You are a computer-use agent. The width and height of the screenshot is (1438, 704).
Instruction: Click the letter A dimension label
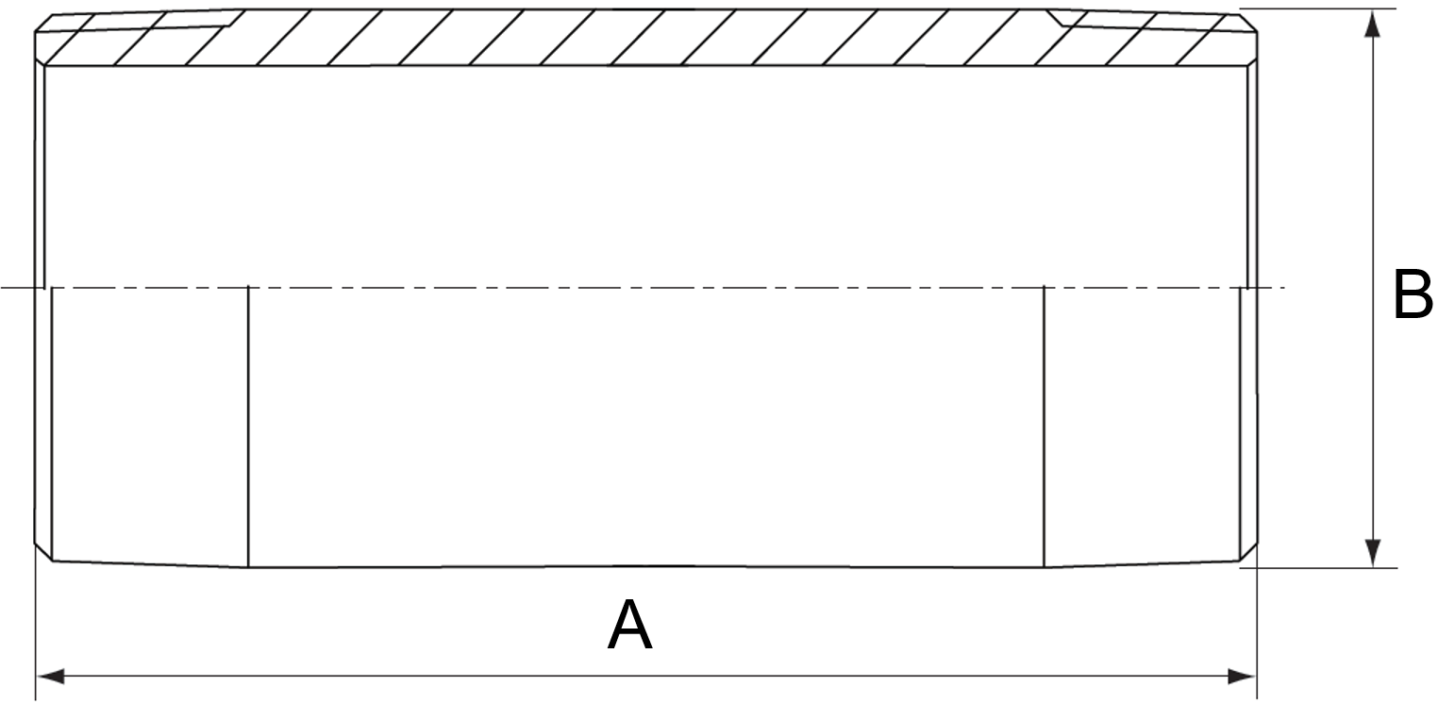pos(629,626)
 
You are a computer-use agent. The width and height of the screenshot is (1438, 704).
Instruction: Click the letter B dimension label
pos(1413,295)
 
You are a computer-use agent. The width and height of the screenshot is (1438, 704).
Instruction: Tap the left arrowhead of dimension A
pos(49,676)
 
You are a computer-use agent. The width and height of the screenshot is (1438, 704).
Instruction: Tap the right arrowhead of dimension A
pos(1242,676)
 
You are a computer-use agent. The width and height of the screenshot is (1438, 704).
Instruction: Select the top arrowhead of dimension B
pos(1373,23)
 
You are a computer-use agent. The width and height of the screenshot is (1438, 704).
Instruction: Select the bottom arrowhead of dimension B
pos(1373,553)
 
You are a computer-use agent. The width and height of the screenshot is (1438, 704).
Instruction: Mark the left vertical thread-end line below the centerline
pos(248,425)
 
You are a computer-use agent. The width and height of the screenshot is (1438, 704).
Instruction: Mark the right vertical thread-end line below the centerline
pos(1044,425)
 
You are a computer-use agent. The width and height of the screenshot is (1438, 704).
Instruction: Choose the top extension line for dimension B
pos(1321,8)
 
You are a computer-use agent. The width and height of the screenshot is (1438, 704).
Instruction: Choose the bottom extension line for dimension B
pos(1321,567)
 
